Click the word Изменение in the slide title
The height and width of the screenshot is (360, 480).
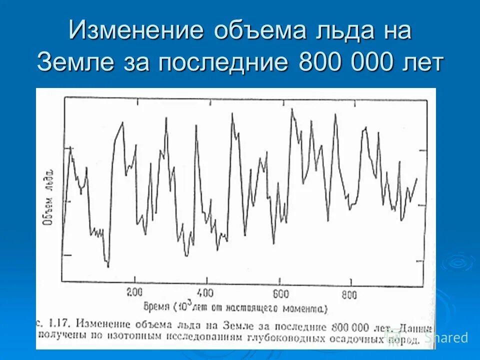pyautogui.click(x=135, y=31)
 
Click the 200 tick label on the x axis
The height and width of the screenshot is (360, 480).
pyautogui.click(x=134, y=293)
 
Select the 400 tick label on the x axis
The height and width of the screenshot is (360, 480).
pyautogui.click(x=204, y=293)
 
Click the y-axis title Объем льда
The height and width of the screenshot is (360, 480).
pyautogui.click(x=48, y=197)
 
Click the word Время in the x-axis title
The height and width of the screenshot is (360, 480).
pyautogui.click(x=156, y=306)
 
